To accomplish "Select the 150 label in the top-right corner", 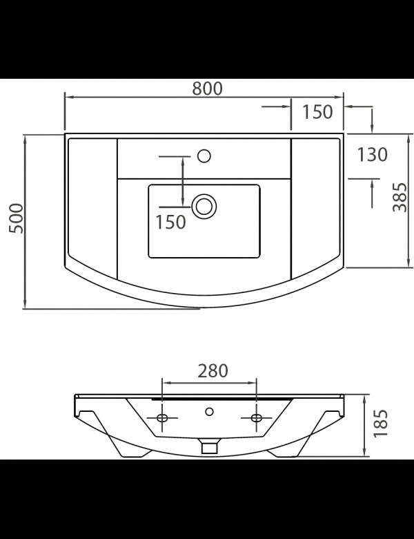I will click(x=317, y=111).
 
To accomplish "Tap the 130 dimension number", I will click(x=373, y=155).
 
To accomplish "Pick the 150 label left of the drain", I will click(x=170, y=222).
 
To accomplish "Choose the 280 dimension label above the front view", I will click(x=213, y=371).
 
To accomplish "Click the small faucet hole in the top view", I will click(x=204, y=155).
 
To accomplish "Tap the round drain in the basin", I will click(x=204, y=205).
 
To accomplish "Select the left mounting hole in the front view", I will click(x=164, y=418).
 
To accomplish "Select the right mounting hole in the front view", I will click(x=256, y=418).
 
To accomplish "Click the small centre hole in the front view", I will click(x=209, y=413).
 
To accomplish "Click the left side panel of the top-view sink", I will click(x=91, y=207).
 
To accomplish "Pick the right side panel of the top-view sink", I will click(x=316, y=207).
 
